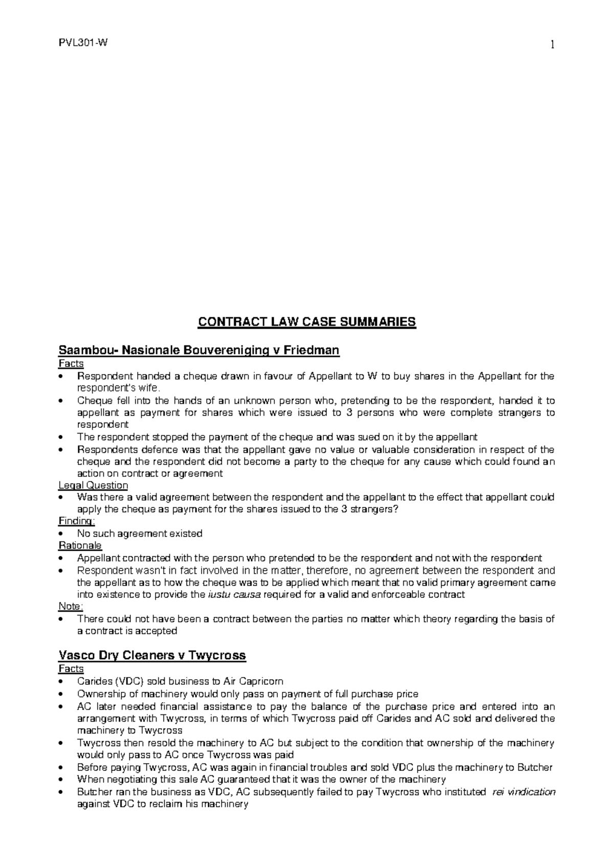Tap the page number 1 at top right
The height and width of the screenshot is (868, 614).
[x=552, y=46]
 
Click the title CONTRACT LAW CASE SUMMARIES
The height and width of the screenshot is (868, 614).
[x=307, y=322]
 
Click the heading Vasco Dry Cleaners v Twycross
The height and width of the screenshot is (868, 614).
[x=152, y=655]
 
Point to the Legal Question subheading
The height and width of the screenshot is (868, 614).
[x=93, y=485]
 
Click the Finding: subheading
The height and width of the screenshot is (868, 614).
[x=77, y=522]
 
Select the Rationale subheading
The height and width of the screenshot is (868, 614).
[x=80, y=546]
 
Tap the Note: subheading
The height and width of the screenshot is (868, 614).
[x=71, y=607]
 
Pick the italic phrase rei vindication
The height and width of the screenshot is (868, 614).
[x=523, y=792]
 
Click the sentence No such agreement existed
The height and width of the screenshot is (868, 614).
[x=139, y=534]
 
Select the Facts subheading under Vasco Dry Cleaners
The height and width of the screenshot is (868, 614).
[x=71, y=669]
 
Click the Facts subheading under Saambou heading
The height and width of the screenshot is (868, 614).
[x=71, y=364]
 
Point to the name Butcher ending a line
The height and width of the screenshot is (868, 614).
[x=535, y=768]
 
